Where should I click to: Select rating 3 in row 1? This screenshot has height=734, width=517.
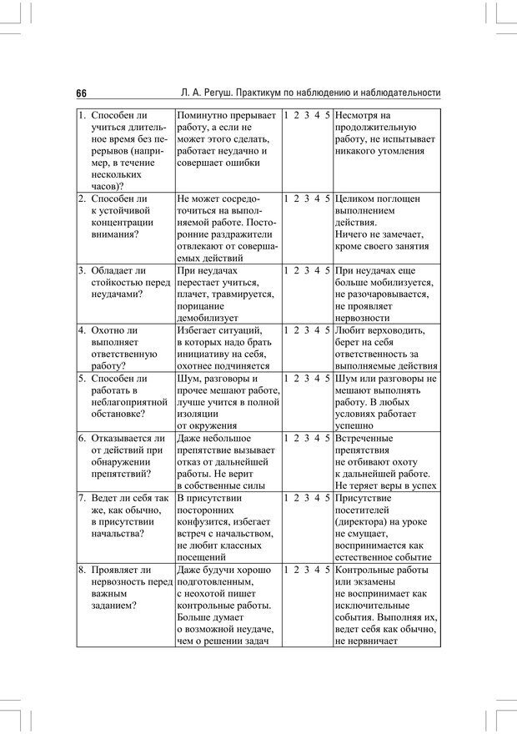[x=307, y=115]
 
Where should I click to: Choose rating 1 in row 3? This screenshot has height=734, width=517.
[x=286, y=270]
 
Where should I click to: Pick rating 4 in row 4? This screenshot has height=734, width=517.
[x=318, y=330]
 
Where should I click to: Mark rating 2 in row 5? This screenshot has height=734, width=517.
[x=297, y=379]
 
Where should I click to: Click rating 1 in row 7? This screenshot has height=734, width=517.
[x=286, y=498]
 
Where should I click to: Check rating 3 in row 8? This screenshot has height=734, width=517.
[x=307, y=570]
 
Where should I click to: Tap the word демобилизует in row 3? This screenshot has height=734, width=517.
[x=208, y=318]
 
